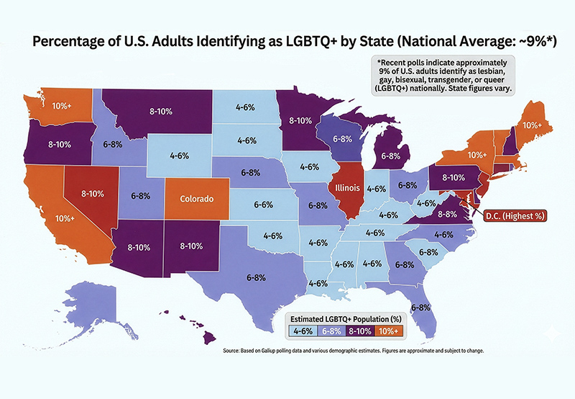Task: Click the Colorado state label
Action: pyautogui.click(x=196, y=199)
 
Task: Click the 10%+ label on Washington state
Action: pyautogui.click(x=61, y=107)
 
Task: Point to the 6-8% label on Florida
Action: pyautogui.click(x=420, y=308)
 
